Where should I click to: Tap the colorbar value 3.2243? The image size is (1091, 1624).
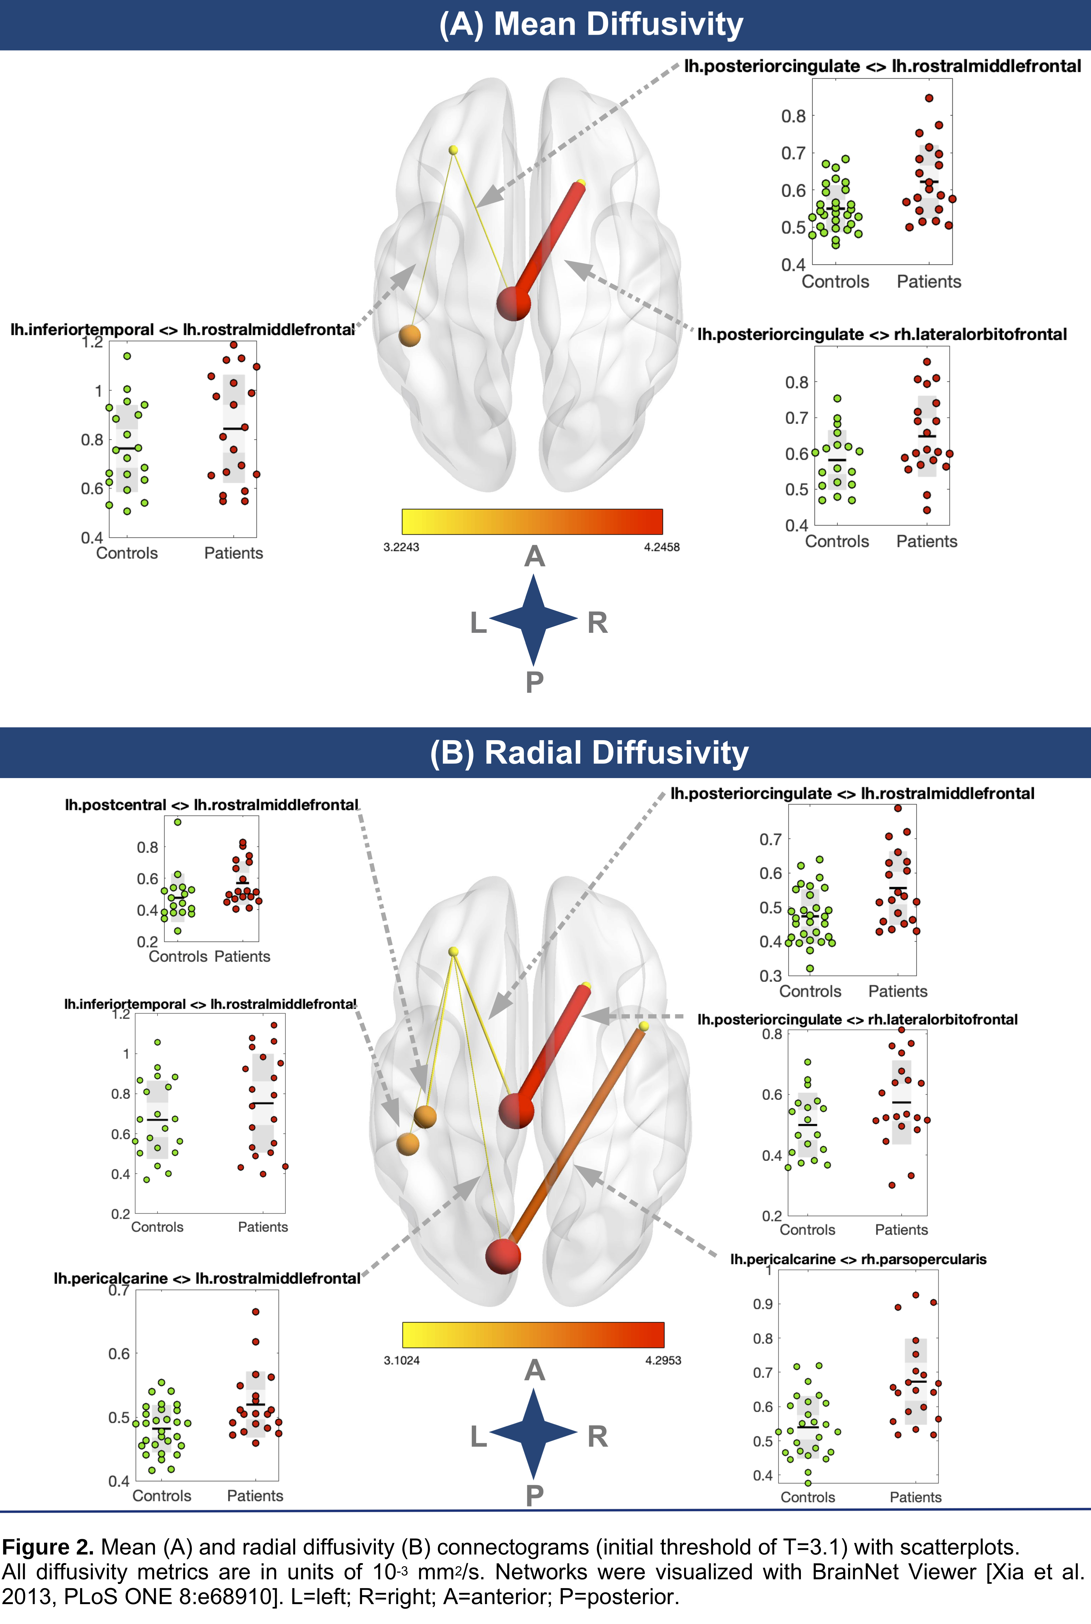[402, 547]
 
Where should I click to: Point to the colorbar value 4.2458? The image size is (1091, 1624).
[661, 547]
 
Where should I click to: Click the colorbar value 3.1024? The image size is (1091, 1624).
[402, 1360]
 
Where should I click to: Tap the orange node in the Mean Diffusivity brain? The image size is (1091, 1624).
[410, 335]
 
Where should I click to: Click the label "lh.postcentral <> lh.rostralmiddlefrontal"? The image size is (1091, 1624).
[211, 805]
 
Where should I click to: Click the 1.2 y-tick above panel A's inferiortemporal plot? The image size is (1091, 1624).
[93, 343]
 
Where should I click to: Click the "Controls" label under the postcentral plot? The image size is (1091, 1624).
[177, 957]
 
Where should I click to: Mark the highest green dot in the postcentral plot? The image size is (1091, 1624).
[177, 822]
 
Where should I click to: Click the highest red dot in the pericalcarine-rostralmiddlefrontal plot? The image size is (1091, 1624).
[255, 1311]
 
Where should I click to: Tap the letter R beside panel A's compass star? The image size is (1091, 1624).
[597, 623]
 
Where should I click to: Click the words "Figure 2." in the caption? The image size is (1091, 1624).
[47, 1547]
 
